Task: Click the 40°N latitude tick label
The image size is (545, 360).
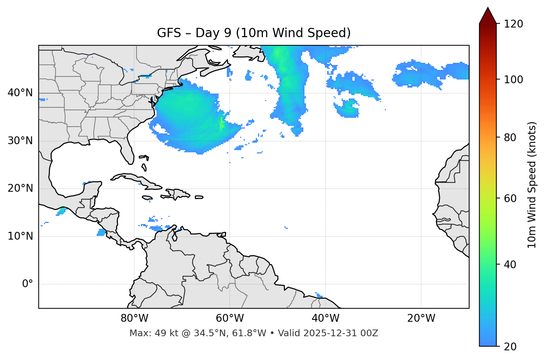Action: tap(20, 93)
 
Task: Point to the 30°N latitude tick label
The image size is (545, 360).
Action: tap(20, 141)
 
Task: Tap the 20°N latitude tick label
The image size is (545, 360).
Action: tap(20, 188)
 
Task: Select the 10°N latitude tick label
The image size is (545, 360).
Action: tap(20, 236)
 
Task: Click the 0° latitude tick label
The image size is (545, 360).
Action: tap(28, 284)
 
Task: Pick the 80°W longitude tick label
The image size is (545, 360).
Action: tap(134, 318)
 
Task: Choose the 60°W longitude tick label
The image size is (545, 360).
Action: tap(230, 318)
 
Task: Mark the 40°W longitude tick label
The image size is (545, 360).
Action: tap(325, 318)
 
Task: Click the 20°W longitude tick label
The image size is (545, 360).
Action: tap(421, 318)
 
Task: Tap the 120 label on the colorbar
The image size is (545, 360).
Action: tap(513, 24)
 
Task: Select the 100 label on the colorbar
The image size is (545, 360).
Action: tap(513, 80)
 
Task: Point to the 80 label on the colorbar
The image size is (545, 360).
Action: tap(510, 137)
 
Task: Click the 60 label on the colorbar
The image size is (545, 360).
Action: tap(510, 198)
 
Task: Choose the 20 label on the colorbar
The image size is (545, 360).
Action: tap(510, 347)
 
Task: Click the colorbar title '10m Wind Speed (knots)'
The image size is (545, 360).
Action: tap(532, 185)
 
